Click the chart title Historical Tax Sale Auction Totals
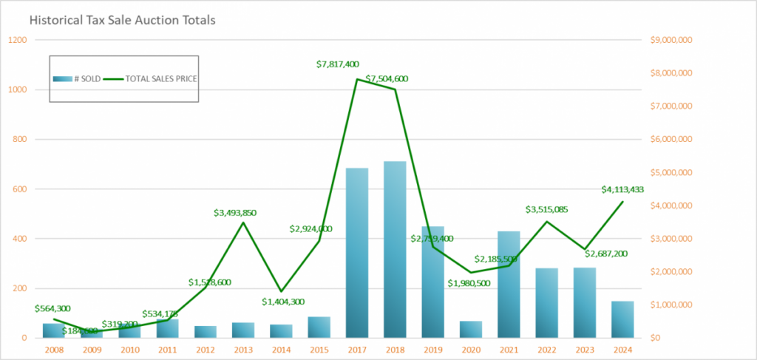tap(123, 21)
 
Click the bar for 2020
tap(471, 330)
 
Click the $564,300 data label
tap(56, 308)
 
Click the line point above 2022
tap(546, 221)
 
